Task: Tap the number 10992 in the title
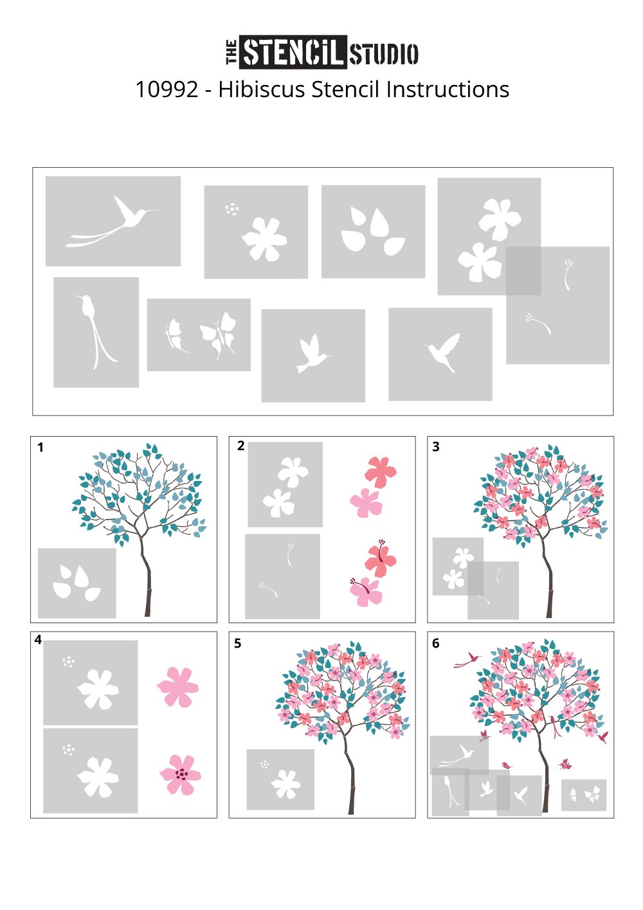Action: (x=167, y=89)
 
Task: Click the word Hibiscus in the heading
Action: (x=262, y=89)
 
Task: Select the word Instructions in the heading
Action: (x=448, y=89)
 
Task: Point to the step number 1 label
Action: (x=41, y=448)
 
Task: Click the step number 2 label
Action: (x=241, y=446)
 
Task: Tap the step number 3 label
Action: (x=436, y=447)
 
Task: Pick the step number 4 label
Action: (x=38, y=640)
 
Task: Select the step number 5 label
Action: (x=238, y=644)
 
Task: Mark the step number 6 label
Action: (x=436, y=643)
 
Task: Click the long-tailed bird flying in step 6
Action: (x=467, y=660)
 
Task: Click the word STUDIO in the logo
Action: (x=383, y=54)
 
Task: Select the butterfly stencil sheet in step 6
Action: (x=584, y=795)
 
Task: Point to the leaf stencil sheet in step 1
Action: (x=77, y=583)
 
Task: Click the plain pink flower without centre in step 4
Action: (x=177, y=687)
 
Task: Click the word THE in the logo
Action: (x=231, y=52)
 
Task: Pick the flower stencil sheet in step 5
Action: (x=280, y=779)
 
